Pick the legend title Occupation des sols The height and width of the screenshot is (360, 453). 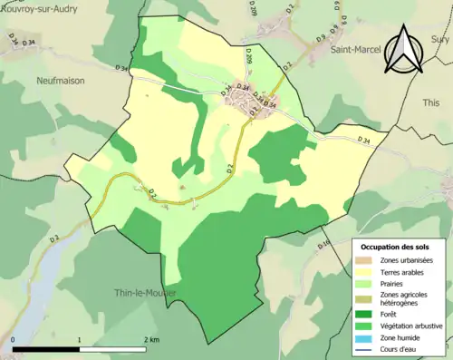pos(396,247)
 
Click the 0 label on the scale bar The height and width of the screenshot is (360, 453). pos(14,340)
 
